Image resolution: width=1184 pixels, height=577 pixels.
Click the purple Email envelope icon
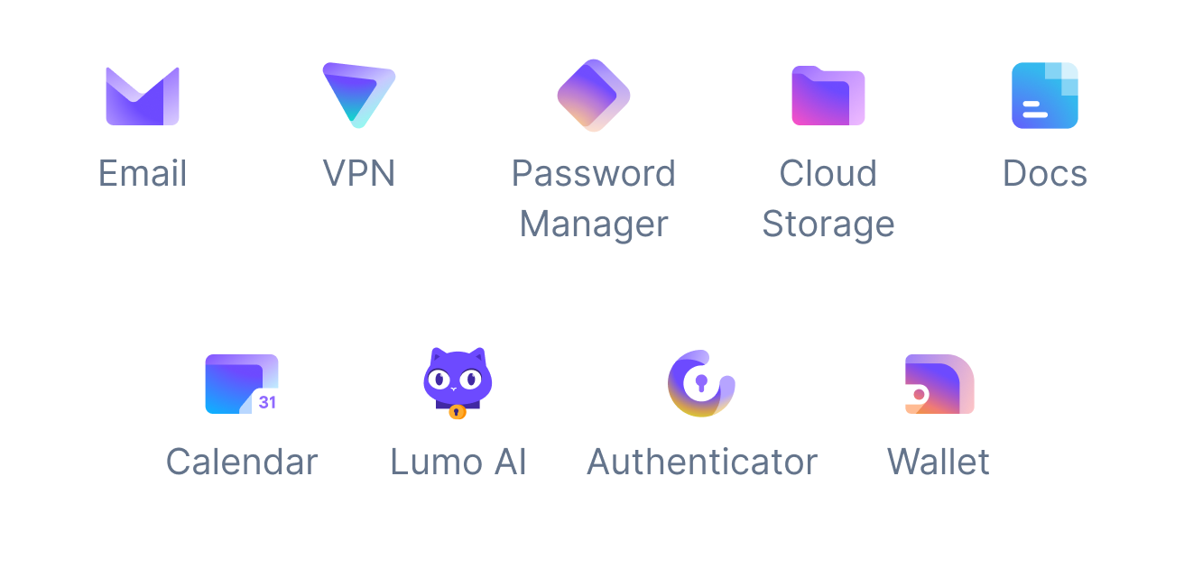click(x=143, y=96)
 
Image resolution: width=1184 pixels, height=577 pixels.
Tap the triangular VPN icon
click(x=359, y=95)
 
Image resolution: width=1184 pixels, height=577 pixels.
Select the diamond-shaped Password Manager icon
click(x=594, y=96)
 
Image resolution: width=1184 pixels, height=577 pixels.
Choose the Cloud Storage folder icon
click(x=828, y=96)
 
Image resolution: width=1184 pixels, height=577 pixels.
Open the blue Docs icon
click(x=1044, y=96)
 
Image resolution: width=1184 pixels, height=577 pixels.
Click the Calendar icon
click(x=242, y=384)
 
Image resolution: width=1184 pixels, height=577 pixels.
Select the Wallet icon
click(x=939, y=384)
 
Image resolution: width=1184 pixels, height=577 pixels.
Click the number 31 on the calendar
click(x=267, y=402)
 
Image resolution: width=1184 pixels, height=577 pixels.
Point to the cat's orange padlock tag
click(x=458, y=412)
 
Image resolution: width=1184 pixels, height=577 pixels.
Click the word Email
click(x=143, y=173)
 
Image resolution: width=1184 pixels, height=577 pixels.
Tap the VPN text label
click(x=359, y=173)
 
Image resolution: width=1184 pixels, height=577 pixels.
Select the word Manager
click(x=594, y=224)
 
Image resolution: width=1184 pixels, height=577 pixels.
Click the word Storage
click(x=828, y=224)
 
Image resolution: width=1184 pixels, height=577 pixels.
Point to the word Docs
click(x=1045, y=173)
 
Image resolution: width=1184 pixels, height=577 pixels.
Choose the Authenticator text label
click(x=702, y=462)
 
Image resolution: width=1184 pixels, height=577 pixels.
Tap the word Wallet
click(x=939, y=462)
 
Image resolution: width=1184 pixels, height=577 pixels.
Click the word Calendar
click(x=242, y=462)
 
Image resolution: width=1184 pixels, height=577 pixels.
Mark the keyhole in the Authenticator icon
click(x=701, y=383)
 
